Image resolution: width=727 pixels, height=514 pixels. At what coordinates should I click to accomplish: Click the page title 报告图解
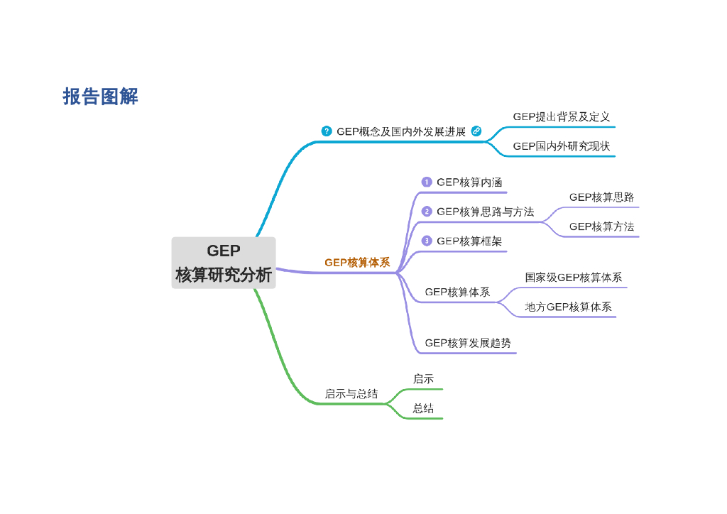coord(100,97)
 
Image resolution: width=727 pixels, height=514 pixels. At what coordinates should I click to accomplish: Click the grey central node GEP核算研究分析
coord(224,263)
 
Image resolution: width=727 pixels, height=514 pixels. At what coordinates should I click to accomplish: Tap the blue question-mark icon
coord(327,131)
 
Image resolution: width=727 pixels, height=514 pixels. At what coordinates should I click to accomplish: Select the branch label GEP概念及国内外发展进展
coord(401,131)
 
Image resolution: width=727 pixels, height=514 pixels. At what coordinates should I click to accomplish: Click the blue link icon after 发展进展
coord(476,131)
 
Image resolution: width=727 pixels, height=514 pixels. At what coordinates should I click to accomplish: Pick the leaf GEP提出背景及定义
coord(561,116)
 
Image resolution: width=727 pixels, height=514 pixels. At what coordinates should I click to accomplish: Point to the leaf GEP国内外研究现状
coord(561,146)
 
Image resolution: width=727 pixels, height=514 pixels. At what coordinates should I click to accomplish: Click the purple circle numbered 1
coord(427,182)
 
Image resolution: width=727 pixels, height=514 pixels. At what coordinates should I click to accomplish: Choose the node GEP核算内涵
coord(469,182)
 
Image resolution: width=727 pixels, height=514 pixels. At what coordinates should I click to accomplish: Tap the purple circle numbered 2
coord(427,212)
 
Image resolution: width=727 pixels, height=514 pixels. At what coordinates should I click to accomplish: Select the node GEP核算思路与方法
coord(485,212)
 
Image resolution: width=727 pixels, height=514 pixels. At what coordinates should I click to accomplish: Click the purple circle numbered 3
coord(427,241)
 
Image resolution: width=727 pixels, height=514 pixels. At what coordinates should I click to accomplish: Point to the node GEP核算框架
coord(469,241)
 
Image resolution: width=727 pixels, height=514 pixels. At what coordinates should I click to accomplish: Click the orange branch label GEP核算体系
coord(357,263)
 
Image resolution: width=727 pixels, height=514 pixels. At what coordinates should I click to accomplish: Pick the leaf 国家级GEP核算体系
coord(573,278)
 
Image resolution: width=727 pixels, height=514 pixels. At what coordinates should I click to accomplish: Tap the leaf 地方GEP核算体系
coord(568,307)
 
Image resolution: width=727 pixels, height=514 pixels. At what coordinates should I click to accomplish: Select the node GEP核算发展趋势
coord(467,343)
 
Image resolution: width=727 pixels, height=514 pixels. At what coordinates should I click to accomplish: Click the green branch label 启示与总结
coord(351,393)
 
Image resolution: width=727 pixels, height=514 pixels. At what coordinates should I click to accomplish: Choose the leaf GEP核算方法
coord(601,226)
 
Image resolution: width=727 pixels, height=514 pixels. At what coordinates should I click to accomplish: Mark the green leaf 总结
coord(423,408)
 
